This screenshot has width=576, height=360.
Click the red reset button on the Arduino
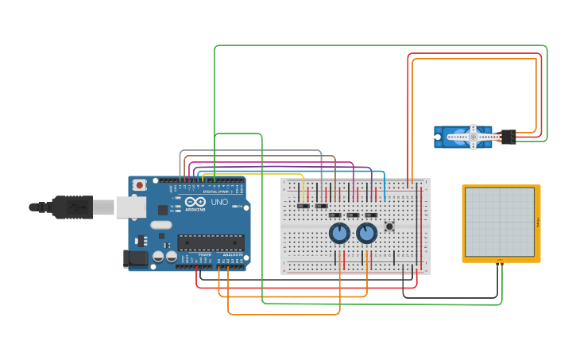click(x=139, y=185)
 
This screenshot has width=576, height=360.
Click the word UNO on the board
click(x=218, y=203)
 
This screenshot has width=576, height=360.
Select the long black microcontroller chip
click(x=210, y=242)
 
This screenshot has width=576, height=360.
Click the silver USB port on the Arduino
click(x=130, y=207)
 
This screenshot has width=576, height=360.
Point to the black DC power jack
click(x=135, y=257)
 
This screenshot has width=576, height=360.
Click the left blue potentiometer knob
click(x=339, y=233)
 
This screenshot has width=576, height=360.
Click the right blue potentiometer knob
click(x=366, y=233)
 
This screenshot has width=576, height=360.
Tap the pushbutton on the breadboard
click(x=389, y=226)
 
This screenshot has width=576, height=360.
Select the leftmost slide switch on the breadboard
click(x=303, y=207)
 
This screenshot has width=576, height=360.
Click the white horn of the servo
click(x=473, y=137)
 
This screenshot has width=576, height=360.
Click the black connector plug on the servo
click(x=508, y=137)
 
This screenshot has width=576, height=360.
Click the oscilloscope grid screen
click(x=500, y=222)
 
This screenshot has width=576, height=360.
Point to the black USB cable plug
click(x=72, y=207)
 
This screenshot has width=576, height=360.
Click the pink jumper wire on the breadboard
click(x=352, y=191)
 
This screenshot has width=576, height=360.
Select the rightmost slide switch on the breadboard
click(x=371, y=215)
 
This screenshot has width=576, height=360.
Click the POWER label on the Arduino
click(x=205, y=254)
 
